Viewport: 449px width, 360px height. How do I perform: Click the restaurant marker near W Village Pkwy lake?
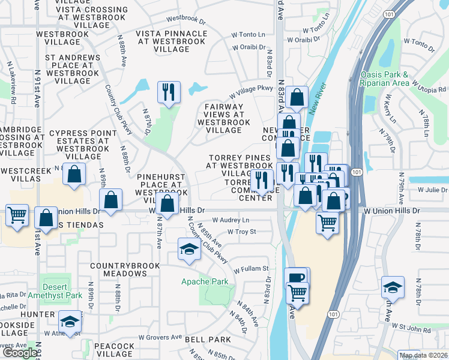(167, 92)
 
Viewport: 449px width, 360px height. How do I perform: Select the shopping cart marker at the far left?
(17, 214)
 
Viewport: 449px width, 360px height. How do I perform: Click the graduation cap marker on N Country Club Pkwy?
(189, 249)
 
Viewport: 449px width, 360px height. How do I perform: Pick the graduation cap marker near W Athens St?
(70, 322)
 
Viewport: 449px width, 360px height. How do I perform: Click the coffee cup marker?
(297, 277)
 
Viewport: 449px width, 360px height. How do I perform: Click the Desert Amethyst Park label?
(62, 291)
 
